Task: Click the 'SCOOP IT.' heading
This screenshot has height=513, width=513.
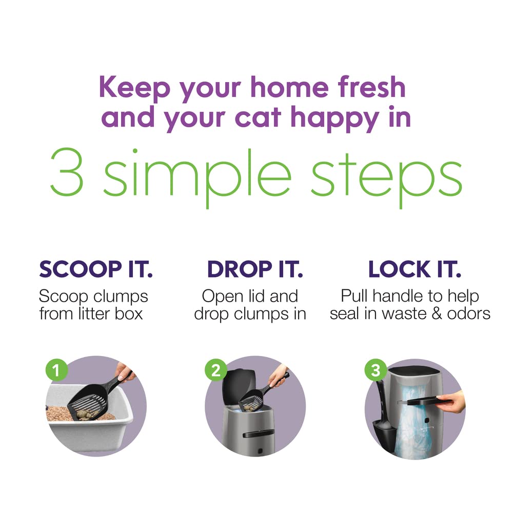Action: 96,269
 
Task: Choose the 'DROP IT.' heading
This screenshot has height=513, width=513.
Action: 255,269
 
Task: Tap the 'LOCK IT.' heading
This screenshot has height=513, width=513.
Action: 415,269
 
